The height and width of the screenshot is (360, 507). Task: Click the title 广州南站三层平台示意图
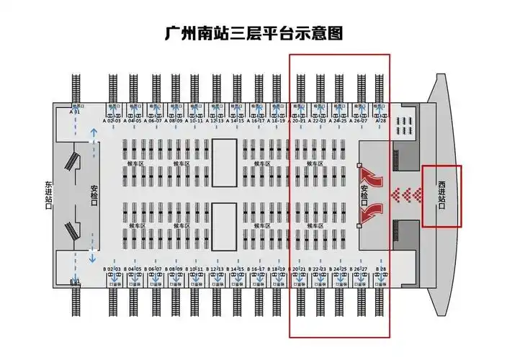pos(253,33)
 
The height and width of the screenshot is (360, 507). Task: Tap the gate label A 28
pos(382,121)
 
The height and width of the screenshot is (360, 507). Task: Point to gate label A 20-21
pos(300,121)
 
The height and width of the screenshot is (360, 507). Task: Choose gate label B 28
pos(382,269)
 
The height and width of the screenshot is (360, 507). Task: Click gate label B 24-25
pos(341,269)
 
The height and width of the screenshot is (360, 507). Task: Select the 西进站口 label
pos(441,196)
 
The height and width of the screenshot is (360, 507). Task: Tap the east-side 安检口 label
pos(94,195)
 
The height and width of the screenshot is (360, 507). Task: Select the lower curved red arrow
pos(373,213)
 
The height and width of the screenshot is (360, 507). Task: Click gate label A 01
pos(74,112)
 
